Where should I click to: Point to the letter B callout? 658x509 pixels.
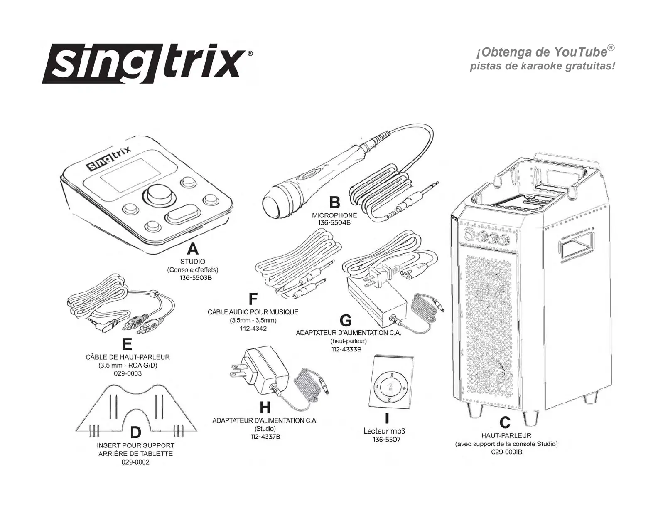[334, 203]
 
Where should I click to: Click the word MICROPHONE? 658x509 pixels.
[334, 215]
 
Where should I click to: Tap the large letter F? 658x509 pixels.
[253, 299]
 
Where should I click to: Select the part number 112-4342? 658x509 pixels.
[253, 329]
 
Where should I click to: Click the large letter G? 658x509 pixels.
[346, 320]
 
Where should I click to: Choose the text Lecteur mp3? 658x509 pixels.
[384, 432]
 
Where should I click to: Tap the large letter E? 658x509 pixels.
[127, 344]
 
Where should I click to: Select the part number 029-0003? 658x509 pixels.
[128, 373]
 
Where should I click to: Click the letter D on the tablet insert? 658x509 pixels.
[135, 433]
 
